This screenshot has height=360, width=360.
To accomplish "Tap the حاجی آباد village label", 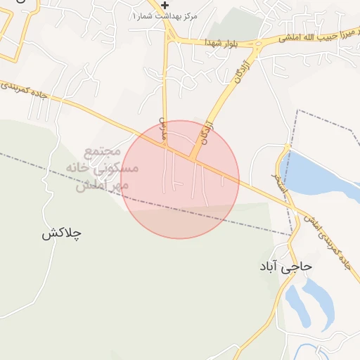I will pos(285,267).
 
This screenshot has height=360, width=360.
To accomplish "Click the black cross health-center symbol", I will pos(165,5).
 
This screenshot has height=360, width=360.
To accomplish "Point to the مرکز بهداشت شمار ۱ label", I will pos(165,15).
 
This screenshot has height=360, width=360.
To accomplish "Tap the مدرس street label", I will pos(163,129).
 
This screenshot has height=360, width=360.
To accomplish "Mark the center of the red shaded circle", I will pos(180,179).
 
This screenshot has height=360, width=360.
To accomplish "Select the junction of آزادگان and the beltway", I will pos(193,159).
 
